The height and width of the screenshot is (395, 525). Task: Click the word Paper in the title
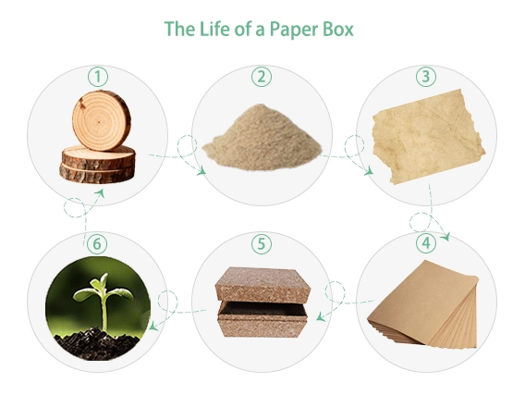coord(293,30)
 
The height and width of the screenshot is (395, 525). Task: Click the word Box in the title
coord(338,29)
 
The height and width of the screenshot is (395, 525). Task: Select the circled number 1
coord(98,77)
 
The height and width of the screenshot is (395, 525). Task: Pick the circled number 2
coord(262,77)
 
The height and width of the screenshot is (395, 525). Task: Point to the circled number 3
coord(426,77)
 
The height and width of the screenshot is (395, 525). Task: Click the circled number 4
coord(426,243)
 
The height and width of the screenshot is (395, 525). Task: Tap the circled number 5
coord(262,244)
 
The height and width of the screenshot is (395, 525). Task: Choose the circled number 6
coord(97,244)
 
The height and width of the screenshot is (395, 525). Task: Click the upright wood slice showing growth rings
coord(101,120)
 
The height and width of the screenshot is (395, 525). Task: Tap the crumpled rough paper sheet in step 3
coord(429,136)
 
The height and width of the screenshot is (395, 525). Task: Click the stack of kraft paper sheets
coord(423,303)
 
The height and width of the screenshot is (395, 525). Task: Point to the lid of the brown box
coord(263,285)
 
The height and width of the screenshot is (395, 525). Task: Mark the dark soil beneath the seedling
coord(97,343)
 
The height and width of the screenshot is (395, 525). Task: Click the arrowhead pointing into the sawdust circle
coord(201,171)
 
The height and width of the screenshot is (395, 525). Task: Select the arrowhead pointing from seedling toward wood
coord(101,193)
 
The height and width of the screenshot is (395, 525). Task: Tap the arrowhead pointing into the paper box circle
coord(321,316)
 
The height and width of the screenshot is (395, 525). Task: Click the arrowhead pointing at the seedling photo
coord(153,326)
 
